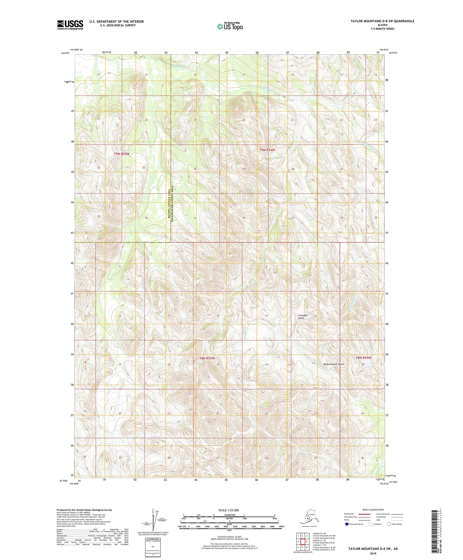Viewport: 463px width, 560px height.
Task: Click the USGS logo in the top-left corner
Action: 70,24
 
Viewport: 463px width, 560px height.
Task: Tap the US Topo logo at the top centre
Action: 230,26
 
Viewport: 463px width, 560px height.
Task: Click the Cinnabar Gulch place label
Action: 303,316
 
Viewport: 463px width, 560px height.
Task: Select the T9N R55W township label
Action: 121,154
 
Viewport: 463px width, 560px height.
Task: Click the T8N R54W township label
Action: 363,357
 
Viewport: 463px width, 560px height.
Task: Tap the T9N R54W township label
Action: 267,150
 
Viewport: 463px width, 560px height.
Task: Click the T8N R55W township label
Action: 207,358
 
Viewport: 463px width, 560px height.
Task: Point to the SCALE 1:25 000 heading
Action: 229,510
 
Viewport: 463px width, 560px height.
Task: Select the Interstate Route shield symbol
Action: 347,524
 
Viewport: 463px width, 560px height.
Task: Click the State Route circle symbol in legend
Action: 389,524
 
